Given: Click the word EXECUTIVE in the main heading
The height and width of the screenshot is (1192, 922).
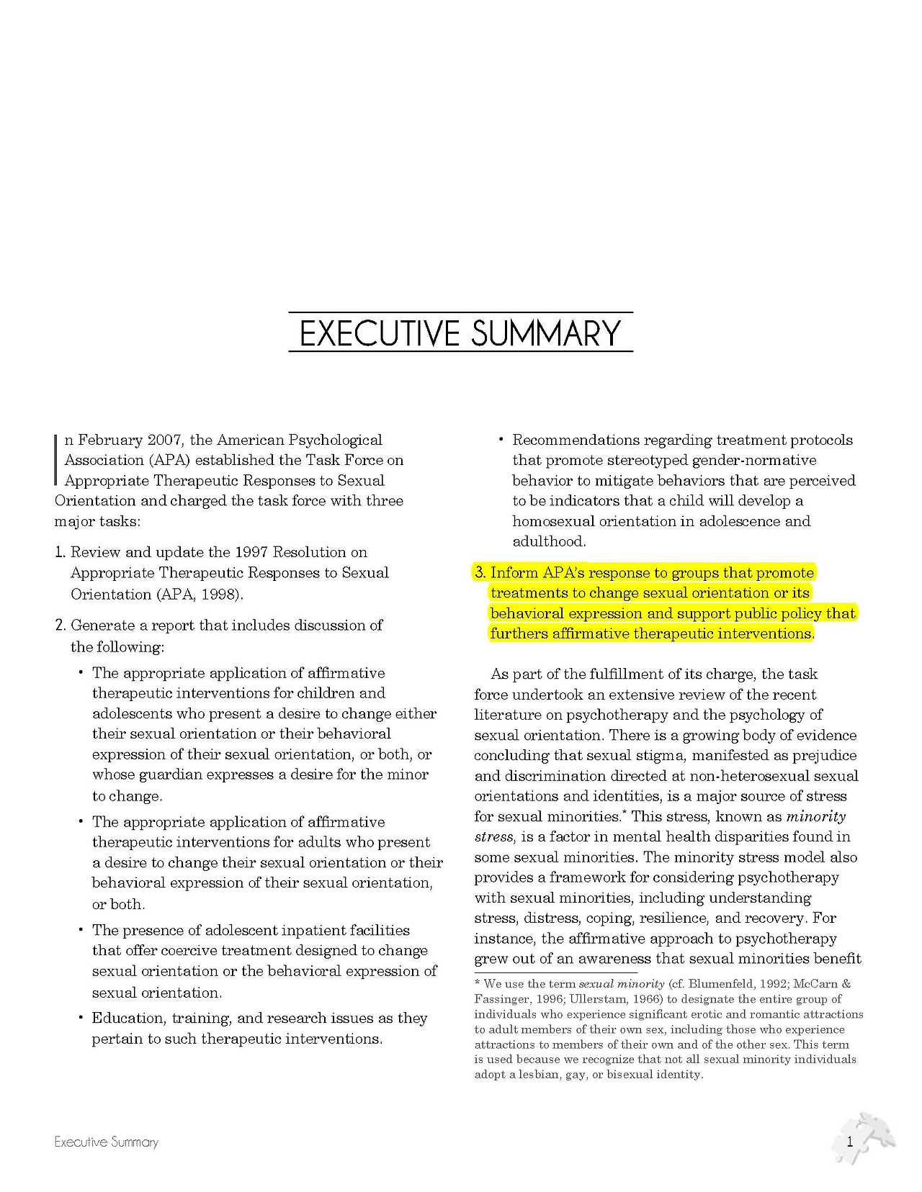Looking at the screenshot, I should [x=379, y=333].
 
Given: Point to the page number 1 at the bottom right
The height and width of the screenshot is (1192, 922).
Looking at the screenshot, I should [x=850, y=1141].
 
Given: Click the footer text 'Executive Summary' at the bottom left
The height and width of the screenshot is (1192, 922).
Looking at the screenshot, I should [x=106, y=1142].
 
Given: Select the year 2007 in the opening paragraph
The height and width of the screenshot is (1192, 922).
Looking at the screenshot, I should [x=165, y=440].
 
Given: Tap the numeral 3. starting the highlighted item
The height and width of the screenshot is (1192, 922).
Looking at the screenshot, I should [x=480, y=573].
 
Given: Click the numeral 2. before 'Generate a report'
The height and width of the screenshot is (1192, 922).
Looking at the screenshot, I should [x=61, y=625].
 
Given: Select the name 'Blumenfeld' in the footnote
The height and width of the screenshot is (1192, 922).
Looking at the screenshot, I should [x=719, y=984].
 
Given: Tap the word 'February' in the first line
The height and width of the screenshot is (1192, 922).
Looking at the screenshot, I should [x=109, y=440].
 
